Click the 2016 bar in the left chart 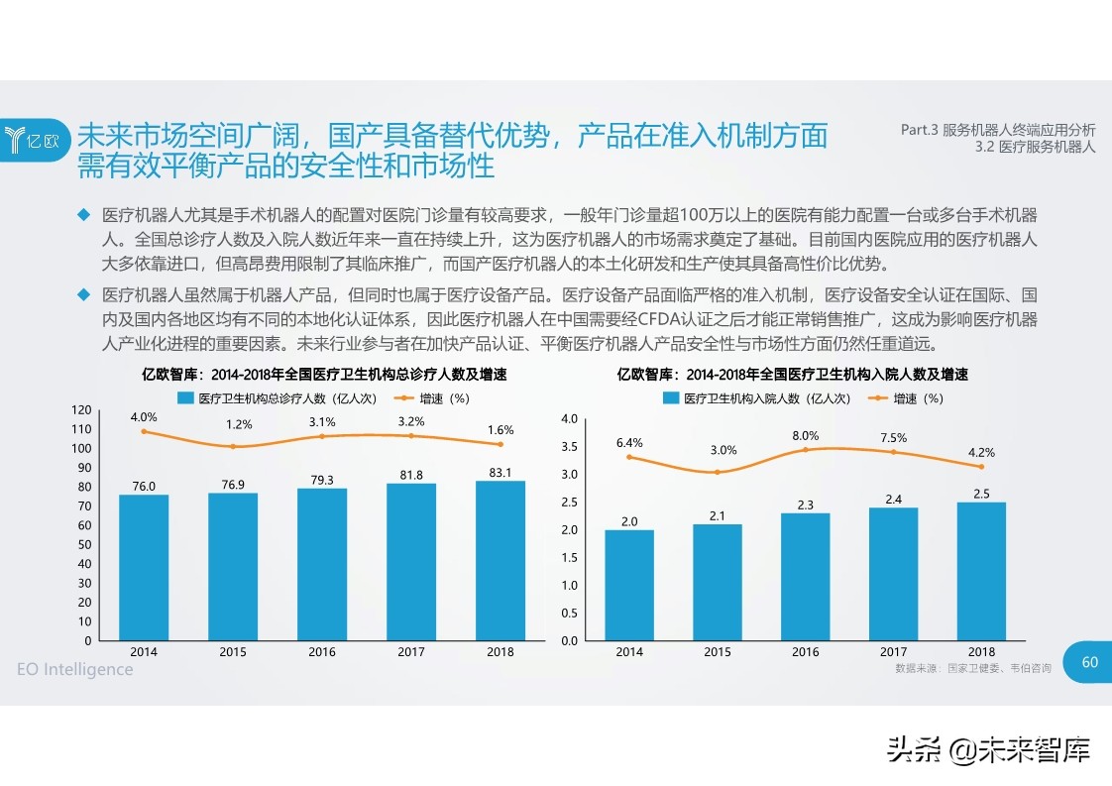(x=322, y=564)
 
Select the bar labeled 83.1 (x=500, y=560)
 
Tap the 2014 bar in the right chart (x=629, y=585)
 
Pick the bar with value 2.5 (x=981, y=571)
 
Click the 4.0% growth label (x=144, y=417)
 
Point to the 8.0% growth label (x=805, y=435)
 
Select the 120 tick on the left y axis (x=81, y=410)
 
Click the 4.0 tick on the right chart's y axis (x=569, y=419)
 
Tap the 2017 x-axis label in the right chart (x=893, y=652)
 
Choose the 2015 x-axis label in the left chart (x=233, y=652)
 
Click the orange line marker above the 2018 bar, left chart (x=500, y=444)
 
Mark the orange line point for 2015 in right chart (x=718, y=472)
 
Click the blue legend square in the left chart (x=184, y=398)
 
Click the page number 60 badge (x=1089, y=662)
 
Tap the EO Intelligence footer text (x=75, y=670)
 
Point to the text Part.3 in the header (x=919, y=130)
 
